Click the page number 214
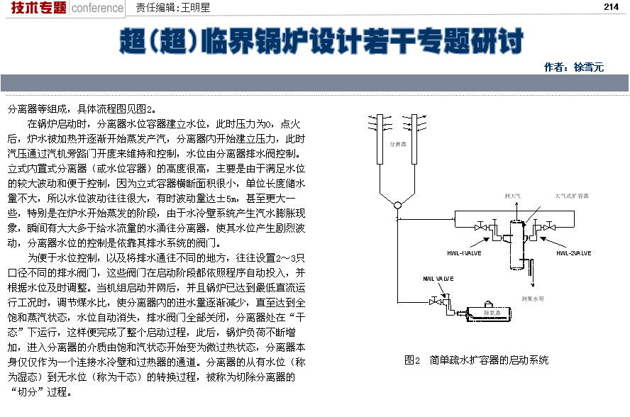612,7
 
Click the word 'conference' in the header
98,9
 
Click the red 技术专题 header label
39,8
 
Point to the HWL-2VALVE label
576,253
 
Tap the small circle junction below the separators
397,206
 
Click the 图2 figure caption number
412,360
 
